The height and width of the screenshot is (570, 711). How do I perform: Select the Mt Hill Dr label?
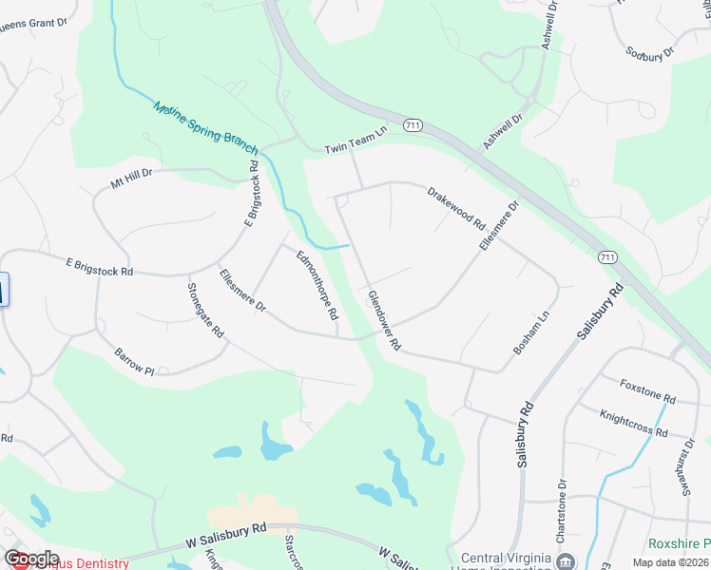(131, 179)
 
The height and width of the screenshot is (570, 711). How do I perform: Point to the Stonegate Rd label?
(205, 312)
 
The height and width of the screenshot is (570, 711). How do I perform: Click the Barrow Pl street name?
(134, 362)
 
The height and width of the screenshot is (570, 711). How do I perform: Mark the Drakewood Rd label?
(456, 209)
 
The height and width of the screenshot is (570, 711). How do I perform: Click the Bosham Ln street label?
(531, 332)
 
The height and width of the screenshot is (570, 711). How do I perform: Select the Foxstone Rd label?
(646, 390)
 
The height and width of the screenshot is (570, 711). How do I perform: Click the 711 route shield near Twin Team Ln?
(412, 124)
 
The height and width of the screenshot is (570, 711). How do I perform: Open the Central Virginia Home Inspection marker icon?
(567, 560)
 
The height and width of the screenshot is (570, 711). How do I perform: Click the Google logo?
(31, 559)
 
